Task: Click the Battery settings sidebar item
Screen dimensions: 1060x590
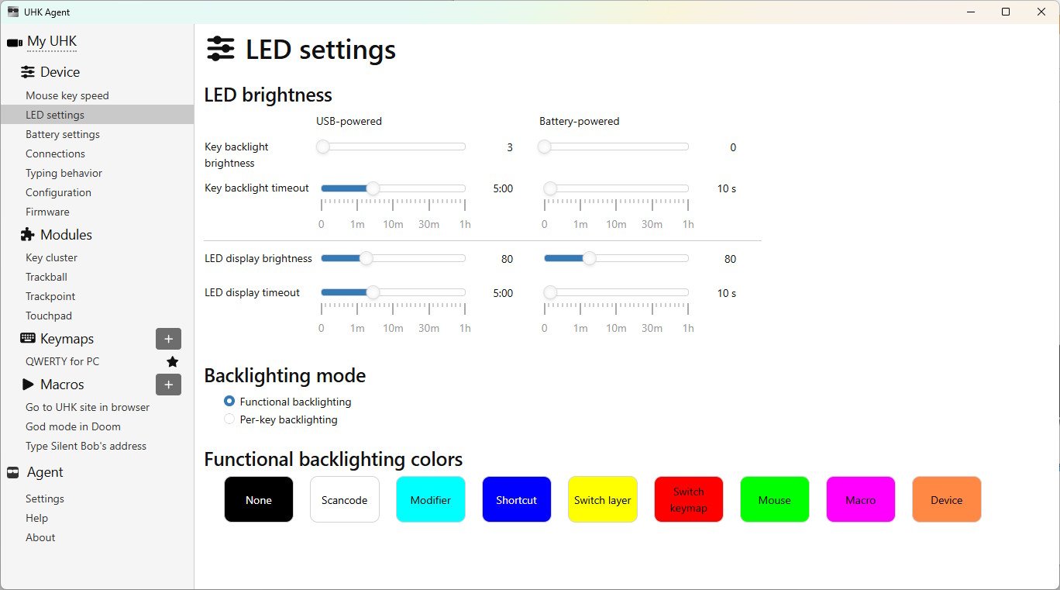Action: [x=63, y=134]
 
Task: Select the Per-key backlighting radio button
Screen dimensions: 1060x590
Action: [x=229, y=419]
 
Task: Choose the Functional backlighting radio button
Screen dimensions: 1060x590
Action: [x=229, y=401]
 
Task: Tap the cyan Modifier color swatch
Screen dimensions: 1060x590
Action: [x=431, y=499]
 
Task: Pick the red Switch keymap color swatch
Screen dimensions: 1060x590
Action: [x=689, y=499]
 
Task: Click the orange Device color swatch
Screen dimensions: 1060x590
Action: [x=946, y=499]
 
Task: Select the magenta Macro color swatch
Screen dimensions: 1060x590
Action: [x=860, y=499]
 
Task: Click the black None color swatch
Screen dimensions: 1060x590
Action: [x=258, y=499]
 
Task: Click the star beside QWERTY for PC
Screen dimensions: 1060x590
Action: [x=172, y=362]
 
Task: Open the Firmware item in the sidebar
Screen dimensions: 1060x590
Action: [x=47, y=212]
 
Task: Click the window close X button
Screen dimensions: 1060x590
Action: [x=1041, y=12]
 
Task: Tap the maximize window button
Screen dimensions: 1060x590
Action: [x=1006, y=12]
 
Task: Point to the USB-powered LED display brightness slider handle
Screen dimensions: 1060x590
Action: [x=366, y=258]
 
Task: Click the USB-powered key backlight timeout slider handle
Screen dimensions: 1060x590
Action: [x=373, y=188]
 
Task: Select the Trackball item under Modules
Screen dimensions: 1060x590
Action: [x=46, y=277]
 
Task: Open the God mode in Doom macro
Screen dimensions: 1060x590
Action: [x=73, y=426]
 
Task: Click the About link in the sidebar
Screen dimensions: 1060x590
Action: [x=40, y=537]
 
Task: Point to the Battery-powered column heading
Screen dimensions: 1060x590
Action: [x=580, y=121]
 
